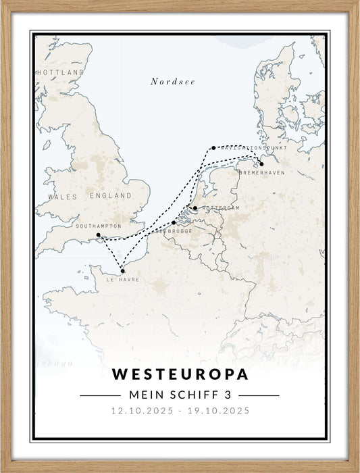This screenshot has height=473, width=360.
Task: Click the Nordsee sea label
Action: pos(172,82)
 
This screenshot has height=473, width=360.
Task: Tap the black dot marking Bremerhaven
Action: pos(261,164)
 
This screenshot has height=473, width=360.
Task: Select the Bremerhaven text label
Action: pos(261,173)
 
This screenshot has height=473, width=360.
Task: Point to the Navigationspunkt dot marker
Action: pos(213,147)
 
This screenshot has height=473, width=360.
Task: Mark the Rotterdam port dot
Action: pos(195,208)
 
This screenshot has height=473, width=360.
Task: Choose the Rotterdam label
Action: pos(220,208)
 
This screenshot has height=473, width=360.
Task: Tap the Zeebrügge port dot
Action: pos(174,222)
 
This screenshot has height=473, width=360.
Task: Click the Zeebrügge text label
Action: pos(174,231)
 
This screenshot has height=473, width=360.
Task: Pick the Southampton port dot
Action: pos(99,235)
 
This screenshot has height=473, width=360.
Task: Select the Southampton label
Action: pos(99,226)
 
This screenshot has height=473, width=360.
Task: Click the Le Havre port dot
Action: pos(122,271)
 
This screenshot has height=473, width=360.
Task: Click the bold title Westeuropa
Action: pos(180,374)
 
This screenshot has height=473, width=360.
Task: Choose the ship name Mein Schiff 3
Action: pos(180,395)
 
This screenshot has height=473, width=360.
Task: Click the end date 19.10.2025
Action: pos(219,411)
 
